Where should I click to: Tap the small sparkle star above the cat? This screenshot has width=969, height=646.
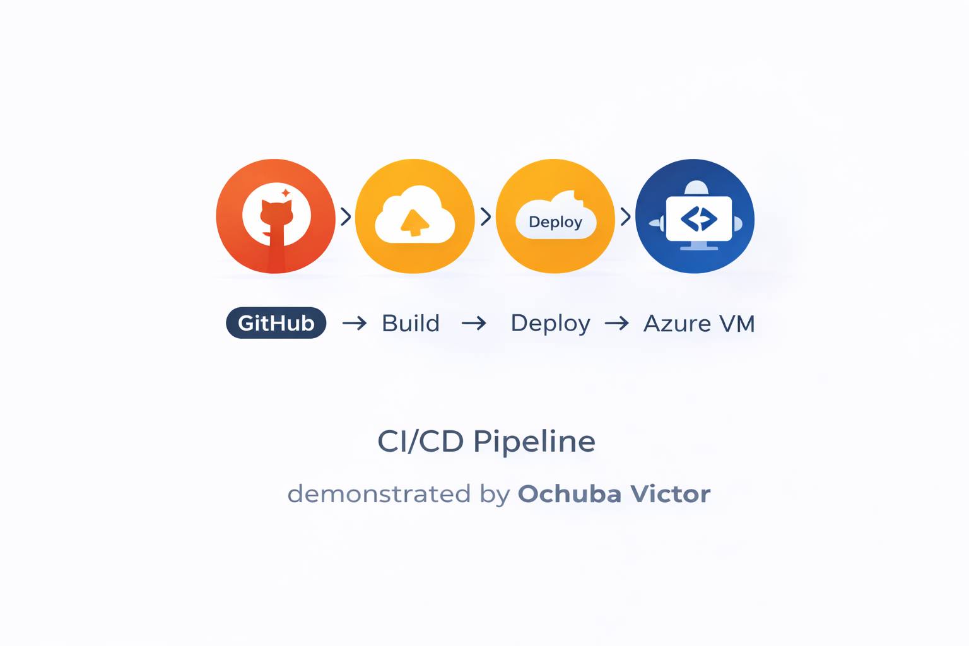click(286, 192)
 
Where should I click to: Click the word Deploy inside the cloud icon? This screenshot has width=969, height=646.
click(555, 222)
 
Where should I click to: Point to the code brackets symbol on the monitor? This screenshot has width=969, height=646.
click(698, 219)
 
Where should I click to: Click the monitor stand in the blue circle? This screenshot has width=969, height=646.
click(699, 245)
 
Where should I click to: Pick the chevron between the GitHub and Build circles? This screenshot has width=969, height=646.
click(346, 216)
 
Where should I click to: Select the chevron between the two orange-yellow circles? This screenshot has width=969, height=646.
click(486, 216)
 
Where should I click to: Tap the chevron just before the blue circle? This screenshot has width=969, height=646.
click(625, 216)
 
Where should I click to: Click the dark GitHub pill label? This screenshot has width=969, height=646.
click(276, 323)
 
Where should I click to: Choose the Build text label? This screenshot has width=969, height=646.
click(411, 323)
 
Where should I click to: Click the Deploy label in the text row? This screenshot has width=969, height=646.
click(550, 323)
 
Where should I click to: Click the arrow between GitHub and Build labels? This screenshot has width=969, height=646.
click(354, 324)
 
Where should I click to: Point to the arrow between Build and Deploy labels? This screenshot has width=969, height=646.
click(474, 324)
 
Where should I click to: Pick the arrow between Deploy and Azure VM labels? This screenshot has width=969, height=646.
click(616, 324)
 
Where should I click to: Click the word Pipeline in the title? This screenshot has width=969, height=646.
click(534, 442)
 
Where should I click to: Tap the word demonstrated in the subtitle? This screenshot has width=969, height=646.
click(379, 493)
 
